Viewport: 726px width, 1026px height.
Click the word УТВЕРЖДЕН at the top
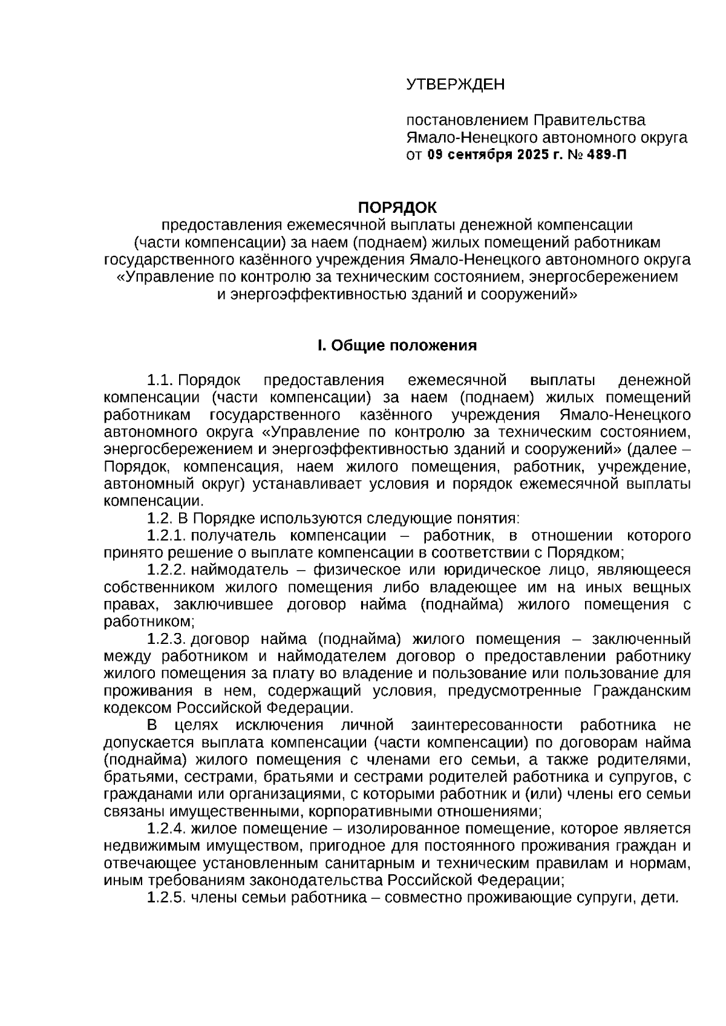tap(455, 84)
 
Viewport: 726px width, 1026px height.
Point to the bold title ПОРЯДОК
tap(397, 208)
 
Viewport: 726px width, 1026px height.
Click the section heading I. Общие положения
tap(397, 345)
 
